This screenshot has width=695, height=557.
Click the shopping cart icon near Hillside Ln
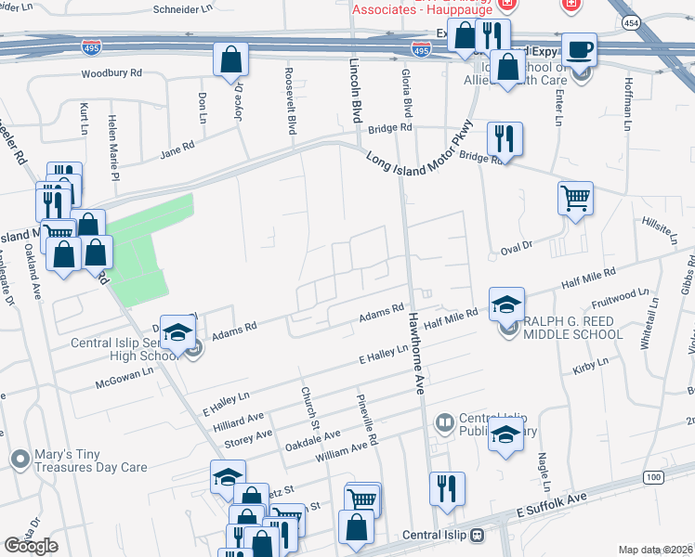[575, 197]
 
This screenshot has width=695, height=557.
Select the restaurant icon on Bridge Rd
[505, 138]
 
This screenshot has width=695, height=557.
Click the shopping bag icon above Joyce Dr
[230, 60]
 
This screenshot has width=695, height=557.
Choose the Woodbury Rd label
[111, 72]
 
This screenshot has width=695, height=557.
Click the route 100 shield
[654, 476]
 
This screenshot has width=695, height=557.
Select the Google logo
[31, 546]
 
